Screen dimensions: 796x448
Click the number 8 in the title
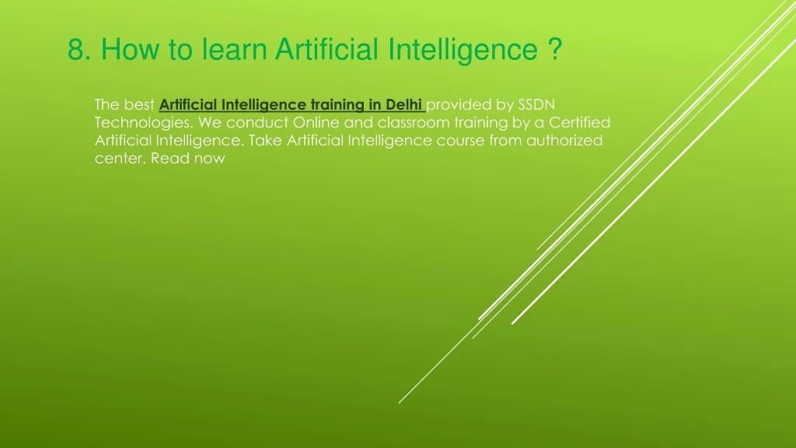75,49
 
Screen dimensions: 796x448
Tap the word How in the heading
130,49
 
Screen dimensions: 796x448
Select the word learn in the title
234,49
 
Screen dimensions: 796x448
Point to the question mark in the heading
555,49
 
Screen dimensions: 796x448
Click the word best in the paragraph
139,105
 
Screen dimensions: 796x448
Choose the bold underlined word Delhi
403,105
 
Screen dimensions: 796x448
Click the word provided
459,105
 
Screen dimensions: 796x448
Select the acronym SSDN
536,105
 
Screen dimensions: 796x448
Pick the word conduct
257,123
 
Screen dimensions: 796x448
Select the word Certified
580,123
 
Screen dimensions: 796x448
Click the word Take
265,141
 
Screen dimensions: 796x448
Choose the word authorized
564,141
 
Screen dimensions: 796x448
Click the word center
120,159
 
